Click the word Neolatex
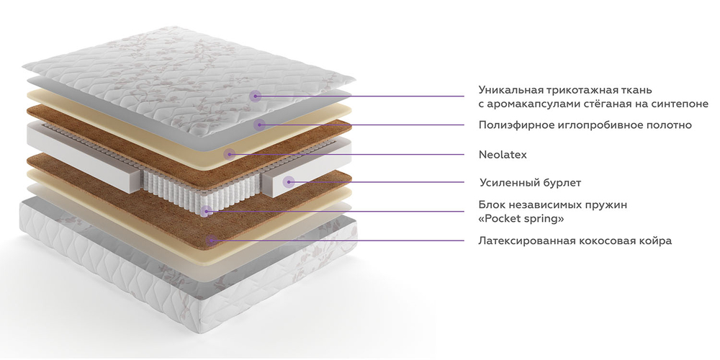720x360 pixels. pyautogui.click(x=503, y=155)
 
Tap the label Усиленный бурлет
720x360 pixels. pyautogui.click(x=531, y=183)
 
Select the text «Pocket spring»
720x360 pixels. pyautogui.click(x=521, y=219)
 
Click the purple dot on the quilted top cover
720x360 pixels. pyautogui.click(x=256, y=96)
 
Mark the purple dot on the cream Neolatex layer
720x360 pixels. pyautogui.click(x=229, y=154)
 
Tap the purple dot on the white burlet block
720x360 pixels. pyautogui.click(x=289, y=182)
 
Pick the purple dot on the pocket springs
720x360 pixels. pyautogui.click(x=206, y=211)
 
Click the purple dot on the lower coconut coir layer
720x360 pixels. pyautogui.click(x=211, y=240)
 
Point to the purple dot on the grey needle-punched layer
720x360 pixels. pyautogui.click(x=259, y=124)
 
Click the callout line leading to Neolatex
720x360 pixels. pyautogui.click(x=347, y=154)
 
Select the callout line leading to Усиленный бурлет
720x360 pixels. pyautogui.click(x=376, y=182)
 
